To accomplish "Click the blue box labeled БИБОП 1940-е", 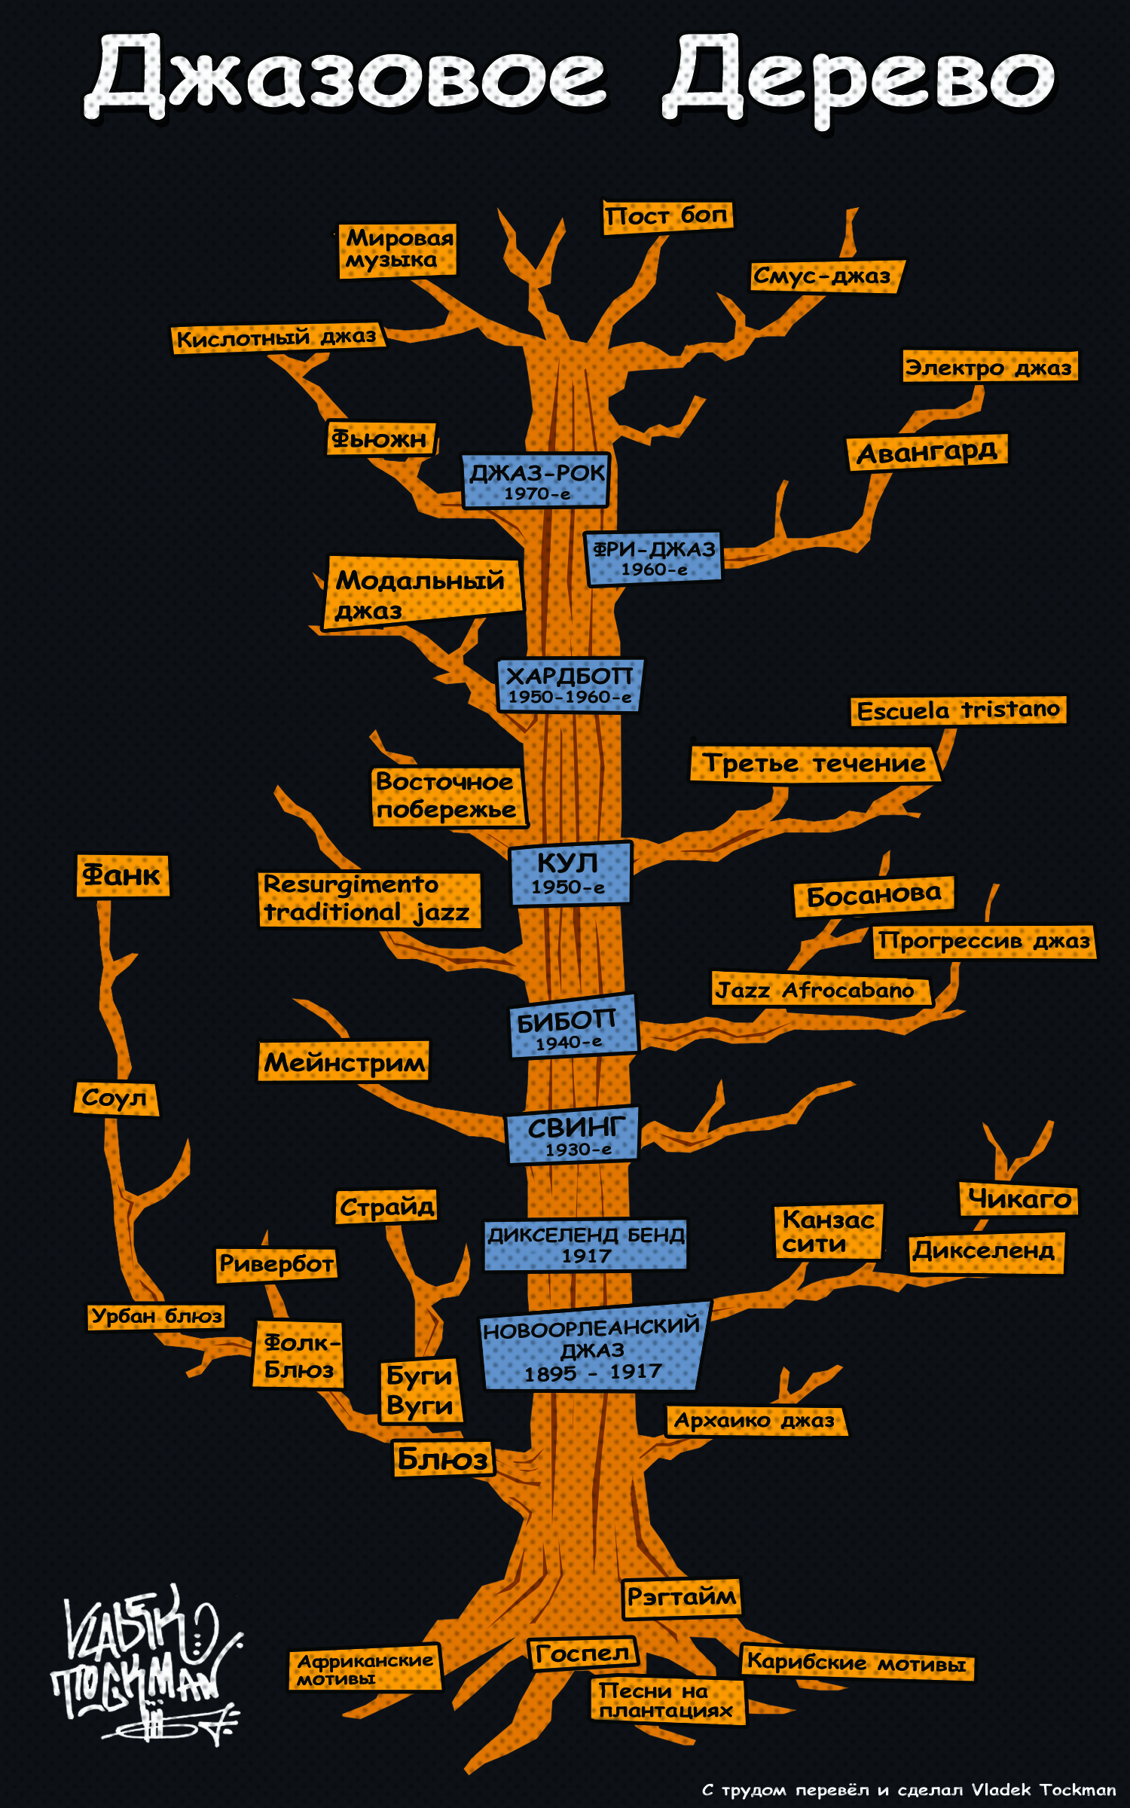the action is click(x=574, y=1025).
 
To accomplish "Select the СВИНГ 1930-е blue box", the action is click(x=573, y=1135).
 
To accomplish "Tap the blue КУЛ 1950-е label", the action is click(x=571, y=873).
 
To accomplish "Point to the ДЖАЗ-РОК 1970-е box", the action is click(x=536, y=481).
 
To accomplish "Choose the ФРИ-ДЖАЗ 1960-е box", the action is click(x=654, y=558).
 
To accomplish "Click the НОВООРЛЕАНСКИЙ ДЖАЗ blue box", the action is click(x=594, y=1348).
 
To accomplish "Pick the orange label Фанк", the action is click(x=122, y=875).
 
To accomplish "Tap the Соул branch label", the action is click(x=116, y=1098).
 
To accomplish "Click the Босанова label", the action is click(x=875, y=896).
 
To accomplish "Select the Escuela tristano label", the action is click(x=958, y=710).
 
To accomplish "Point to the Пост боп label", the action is click(x=667, y=216).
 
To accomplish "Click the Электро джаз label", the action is click(x=990, y=367).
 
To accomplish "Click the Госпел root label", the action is click(x=582, y=1654).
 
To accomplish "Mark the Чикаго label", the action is click(x=1019, y=1199).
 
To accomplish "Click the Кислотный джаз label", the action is click(x=277, y=337).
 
